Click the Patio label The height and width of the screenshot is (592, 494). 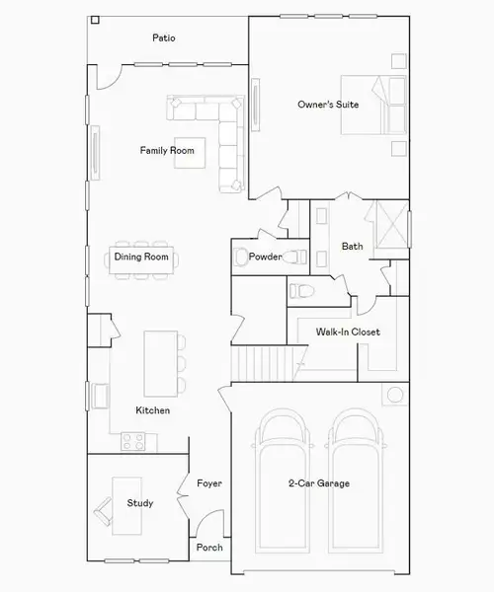(164, 38)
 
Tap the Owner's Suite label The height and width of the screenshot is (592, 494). (328, 104)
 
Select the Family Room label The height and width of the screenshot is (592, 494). (166, 151)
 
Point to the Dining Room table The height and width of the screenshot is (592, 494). (141, 258)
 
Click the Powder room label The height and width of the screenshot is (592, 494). (266, 258)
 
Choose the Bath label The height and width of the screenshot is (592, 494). (353, 246)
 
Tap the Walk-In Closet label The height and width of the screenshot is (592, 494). (347, 333)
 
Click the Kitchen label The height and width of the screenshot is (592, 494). (152, 409)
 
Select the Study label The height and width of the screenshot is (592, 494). (140, 503)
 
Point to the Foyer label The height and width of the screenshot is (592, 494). (208, 483)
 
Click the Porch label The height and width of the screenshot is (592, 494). (209, 548)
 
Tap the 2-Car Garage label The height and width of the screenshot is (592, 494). (319, 483)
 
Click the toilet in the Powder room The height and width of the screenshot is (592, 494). (243, 259)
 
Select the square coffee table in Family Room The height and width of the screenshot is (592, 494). (190, 151)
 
